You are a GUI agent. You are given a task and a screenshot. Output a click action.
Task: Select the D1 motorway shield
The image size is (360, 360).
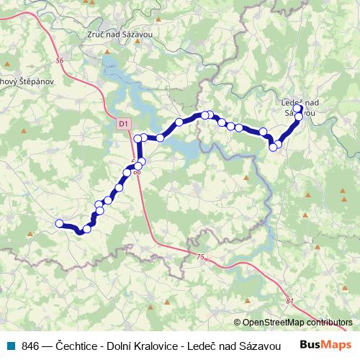[123, 124]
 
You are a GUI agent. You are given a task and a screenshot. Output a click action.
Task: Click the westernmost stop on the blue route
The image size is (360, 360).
[59, 223]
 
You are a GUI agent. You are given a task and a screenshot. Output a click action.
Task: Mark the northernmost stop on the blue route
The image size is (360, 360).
[297, 109]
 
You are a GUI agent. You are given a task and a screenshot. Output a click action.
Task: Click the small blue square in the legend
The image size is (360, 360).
[10, 345]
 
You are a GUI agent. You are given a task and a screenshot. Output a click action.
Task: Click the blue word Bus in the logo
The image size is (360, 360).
[310, 344]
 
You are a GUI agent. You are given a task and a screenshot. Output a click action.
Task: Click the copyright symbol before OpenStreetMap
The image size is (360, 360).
[238, 323]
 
